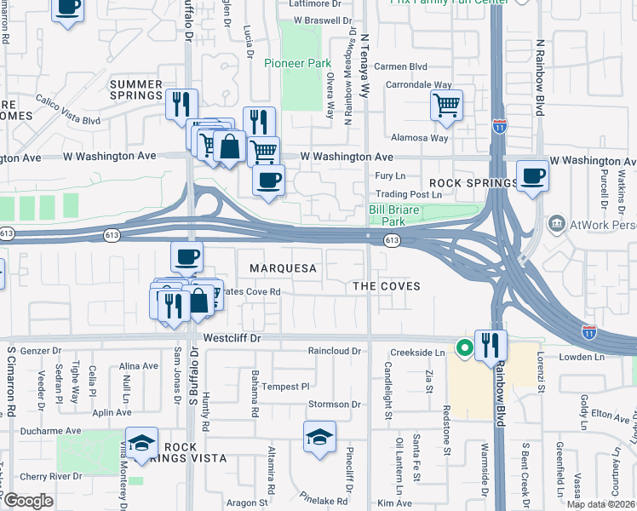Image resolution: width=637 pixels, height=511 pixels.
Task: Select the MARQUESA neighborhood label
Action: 283,268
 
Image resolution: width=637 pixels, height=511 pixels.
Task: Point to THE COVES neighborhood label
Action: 387,286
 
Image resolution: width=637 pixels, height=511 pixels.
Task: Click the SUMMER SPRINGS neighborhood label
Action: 135,89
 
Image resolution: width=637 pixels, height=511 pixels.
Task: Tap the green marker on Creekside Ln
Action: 465,347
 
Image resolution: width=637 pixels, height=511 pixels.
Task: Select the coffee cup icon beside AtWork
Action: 532,175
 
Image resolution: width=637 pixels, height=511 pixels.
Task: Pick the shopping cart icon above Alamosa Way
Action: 446,105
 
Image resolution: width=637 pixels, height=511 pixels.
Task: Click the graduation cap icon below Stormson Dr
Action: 319,438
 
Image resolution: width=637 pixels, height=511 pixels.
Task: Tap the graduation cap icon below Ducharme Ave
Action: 141,442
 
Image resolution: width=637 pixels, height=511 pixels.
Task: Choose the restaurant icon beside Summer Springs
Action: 181,104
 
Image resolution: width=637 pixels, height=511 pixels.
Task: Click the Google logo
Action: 28,501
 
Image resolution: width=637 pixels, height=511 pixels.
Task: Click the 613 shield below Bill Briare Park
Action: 391,241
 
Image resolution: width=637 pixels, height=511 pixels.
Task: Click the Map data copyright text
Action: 600,504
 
